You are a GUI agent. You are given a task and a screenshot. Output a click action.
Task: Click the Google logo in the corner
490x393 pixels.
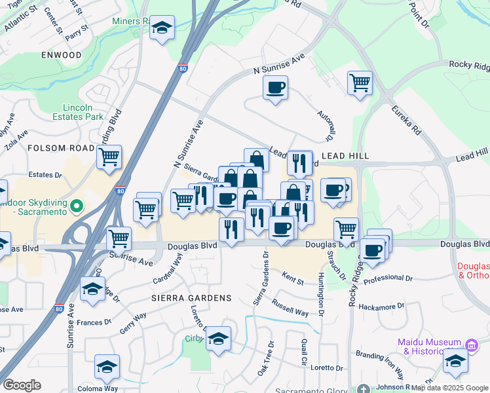pos(22,385)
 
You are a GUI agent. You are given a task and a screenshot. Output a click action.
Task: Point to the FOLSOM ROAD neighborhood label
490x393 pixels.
pos(62,149)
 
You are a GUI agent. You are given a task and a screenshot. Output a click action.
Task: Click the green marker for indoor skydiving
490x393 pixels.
pos(77,207)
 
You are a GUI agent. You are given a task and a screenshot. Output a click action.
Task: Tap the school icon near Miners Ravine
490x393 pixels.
pos(162,28)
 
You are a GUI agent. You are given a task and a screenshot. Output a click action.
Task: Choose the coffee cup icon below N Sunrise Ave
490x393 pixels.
pos(275,87)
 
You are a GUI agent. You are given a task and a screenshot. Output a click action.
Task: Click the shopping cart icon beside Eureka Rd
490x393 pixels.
pos(360,83)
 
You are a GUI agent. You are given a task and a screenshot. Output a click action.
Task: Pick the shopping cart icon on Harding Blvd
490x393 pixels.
pos(109,157)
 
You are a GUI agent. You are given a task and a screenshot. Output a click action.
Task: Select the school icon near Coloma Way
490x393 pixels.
pos(107,367)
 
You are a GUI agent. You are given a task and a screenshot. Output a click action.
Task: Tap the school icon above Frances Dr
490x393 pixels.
pos(92,290)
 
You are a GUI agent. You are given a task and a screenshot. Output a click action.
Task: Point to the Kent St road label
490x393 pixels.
pos(293,282)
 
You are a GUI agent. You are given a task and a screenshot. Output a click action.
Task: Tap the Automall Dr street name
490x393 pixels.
pos(326,125)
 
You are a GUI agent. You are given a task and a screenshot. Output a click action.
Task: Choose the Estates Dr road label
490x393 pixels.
pos(45,176)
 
